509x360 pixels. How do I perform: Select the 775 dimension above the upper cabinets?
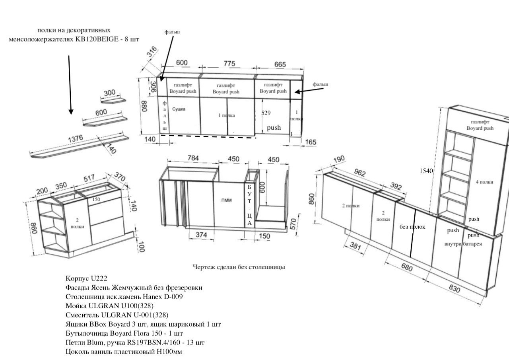pos(229,64)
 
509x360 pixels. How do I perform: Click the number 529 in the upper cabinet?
pos(266,113)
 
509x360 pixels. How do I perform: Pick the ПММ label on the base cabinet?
pos(227,201)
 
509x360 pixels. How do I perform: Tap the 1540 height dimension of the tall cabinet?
pos(426,171)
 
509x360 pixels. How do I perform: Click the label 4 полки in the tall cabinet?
pos(484,182)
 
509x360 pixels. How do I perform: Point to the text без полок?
pos(412,227)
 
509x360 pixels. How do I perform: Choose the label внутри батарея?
pos(463,244)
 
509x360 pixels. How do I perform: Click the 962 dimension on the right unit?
pos(360,173)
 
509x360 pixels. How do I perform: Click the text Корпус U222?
pos(87,278)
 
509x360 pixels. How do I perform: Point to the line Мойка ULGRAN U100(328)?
pos(110,306)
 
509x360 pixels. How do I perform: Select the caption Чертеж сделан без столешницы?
pos(239,267)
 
